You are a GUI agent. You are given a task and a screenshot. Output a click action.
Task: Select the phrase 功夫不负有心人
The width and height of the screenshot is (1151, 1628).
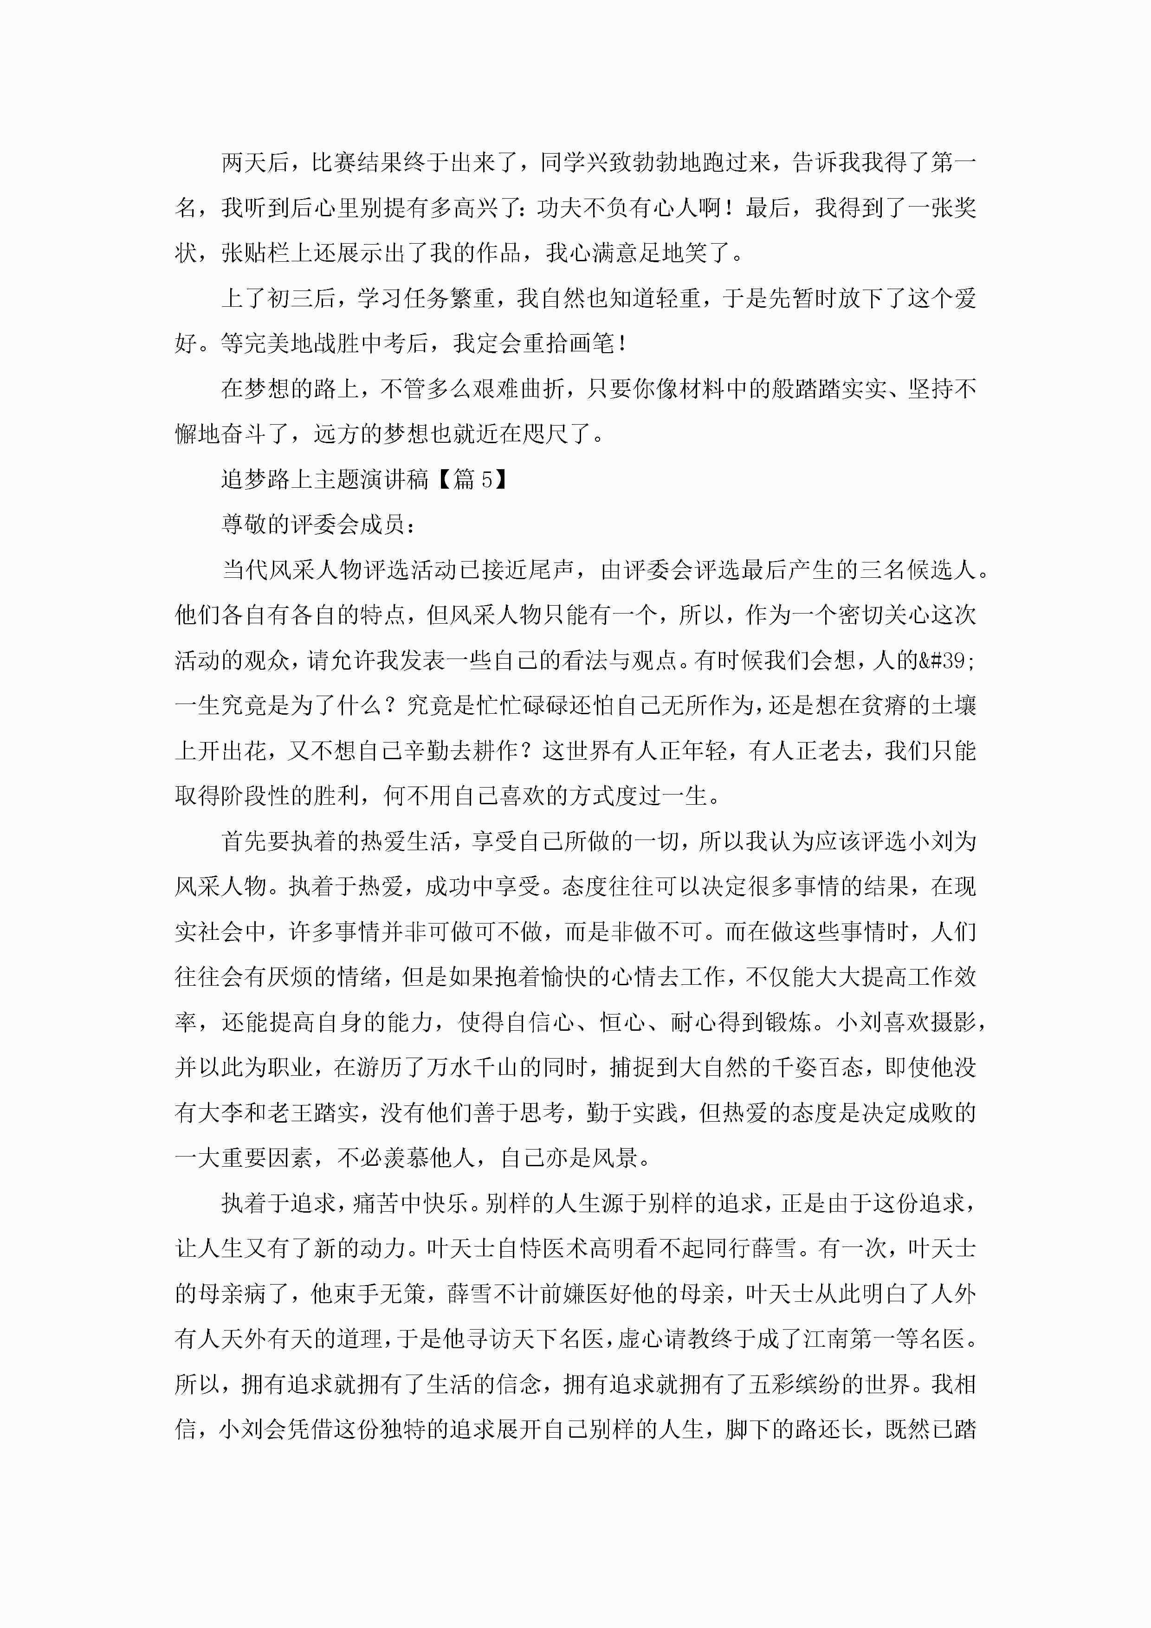(x=618, y=208)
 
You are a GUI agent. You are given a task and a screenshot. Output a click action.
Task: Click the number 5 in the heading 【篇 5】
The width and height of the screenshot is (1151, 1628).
(x=486, y=480)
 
